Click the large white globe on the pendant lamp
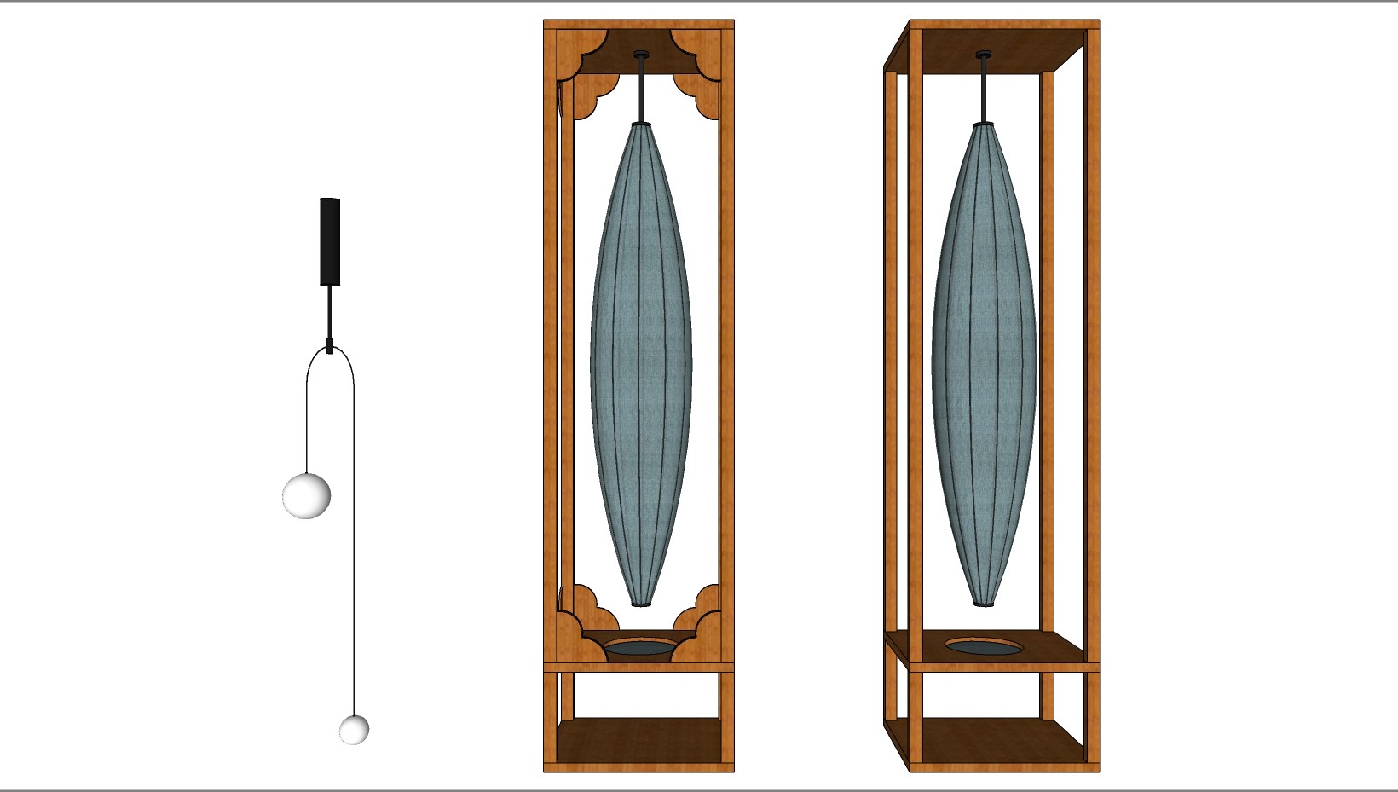[x=306, y=495]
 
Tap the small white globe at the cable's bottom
[x=354, y=730]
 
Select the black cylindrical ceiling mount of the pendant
[x=330, y=241]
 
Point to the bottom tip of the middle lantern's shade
[x=641, y=602]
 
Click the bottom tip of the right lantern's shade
[x=984, y=602]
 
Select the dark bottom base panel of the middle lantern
[x=639, y=739]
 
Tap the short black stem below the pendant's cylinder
[x=330, y=311]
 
